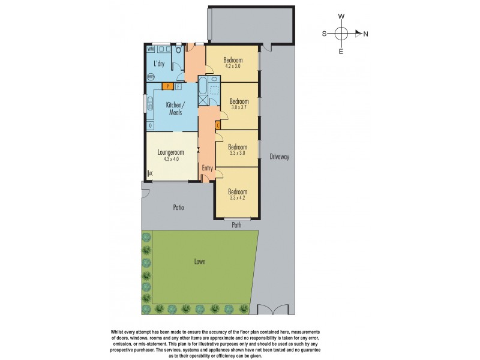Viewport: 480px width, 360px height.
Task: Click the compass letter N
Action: (x=365, y=34)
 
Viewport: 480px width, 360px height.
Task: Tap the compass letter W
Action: (x=341, y=16)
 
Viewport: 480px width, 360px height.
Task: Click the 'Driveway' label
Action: (x=280, y=157)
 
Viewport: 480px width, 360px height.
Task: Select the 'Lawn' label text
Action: (x=200, y=262)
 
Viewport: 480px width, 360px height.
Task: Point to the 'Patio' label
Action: (x=178, y=208)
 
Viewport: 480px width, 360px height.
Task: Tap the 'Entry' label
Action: (x=208, y=168)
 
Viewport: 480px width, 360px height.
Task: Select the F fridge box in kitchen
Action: (x=178, y=86)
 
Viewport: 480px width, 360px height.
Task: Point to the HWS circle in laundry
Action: (x=151, y=77)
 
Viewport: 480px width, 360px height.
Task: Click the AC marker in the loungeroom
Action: (x=150, y=174)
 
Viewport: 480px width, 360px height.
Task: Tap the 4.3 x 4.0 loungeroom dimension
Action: (x=171, y=159)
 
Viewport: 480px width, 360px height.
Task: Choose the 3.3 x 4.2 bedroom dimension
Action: (x=238, y=198)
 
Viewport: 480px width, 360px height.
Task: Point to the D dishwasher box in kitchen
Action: (x=151, y=125)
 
